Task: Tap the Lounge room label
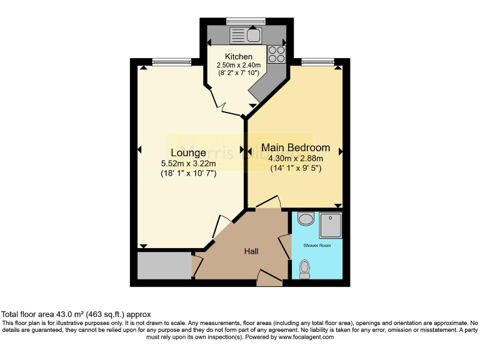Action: click(188, 152)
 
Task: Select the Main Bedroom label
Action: click(296, 147)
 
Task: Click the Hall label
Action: click(251, 251)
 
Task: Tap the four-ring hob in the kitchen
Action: click(277, 55)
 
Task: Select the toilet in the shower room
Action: click(305, 268)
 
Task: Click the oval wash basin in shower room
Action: click(306, 219)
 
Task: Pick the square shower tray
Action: click(331, 225)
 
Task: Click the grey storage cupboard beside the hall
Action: click(164, 266)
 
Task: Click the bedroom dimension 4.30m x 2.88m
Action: click(296, 158)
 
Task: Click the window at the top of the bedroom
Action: click(310, 61)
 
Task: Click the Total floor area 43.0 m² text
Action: click(76, 314)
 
